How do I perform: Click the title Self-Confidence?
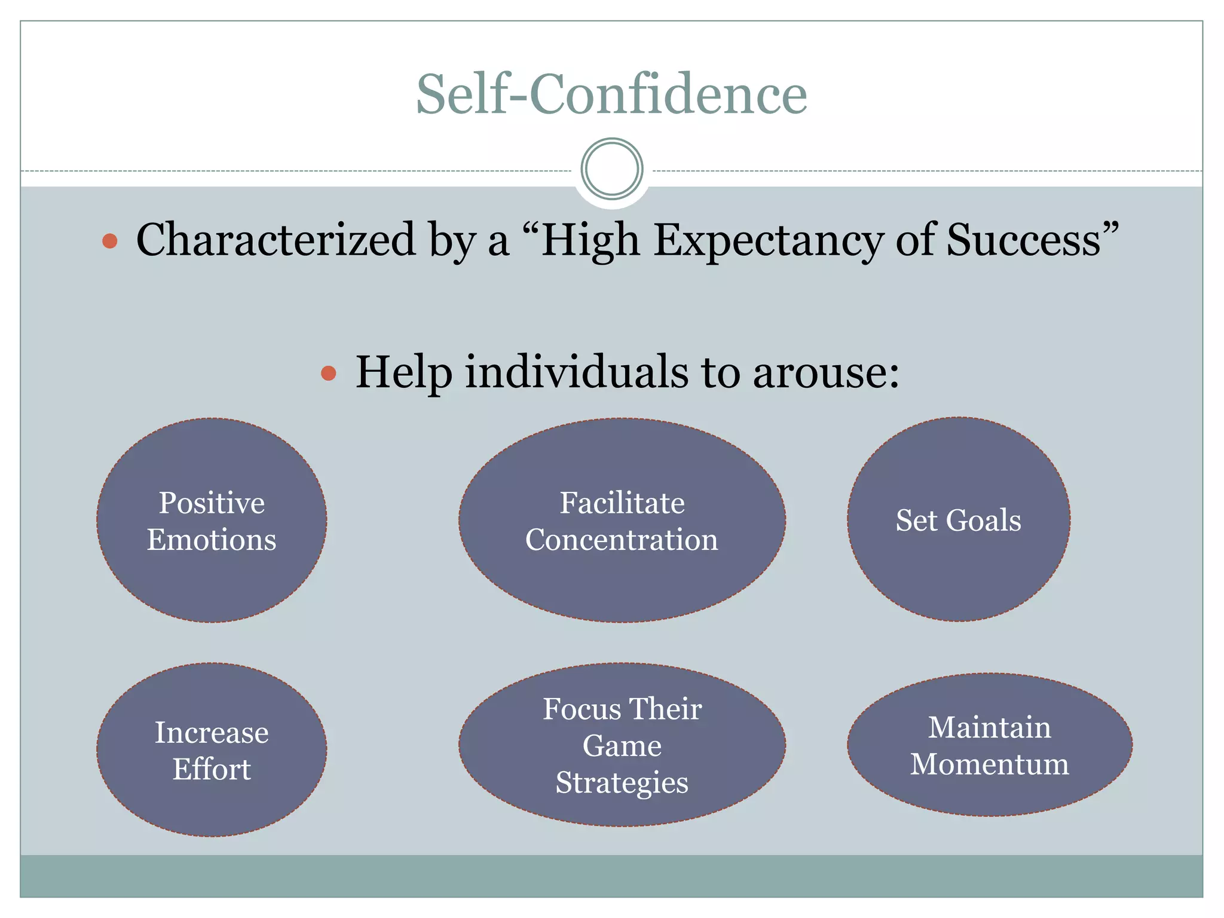[x=611, y=94]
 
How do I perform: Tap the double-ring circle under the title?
[x=611, y=169]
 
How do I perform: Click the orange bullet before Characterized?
[x=110, y=241]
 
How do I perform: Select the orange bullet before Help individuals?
[x=329, y=374]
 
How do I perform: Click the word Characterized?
[x=276, y=240]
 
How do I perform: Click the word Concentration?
[x=622, y=540]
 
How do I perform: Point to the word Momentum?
[x=989, y=764]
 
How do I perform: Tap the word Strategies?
[x=622, y=782]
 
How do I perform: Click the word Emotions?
[x=212, y=540]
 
